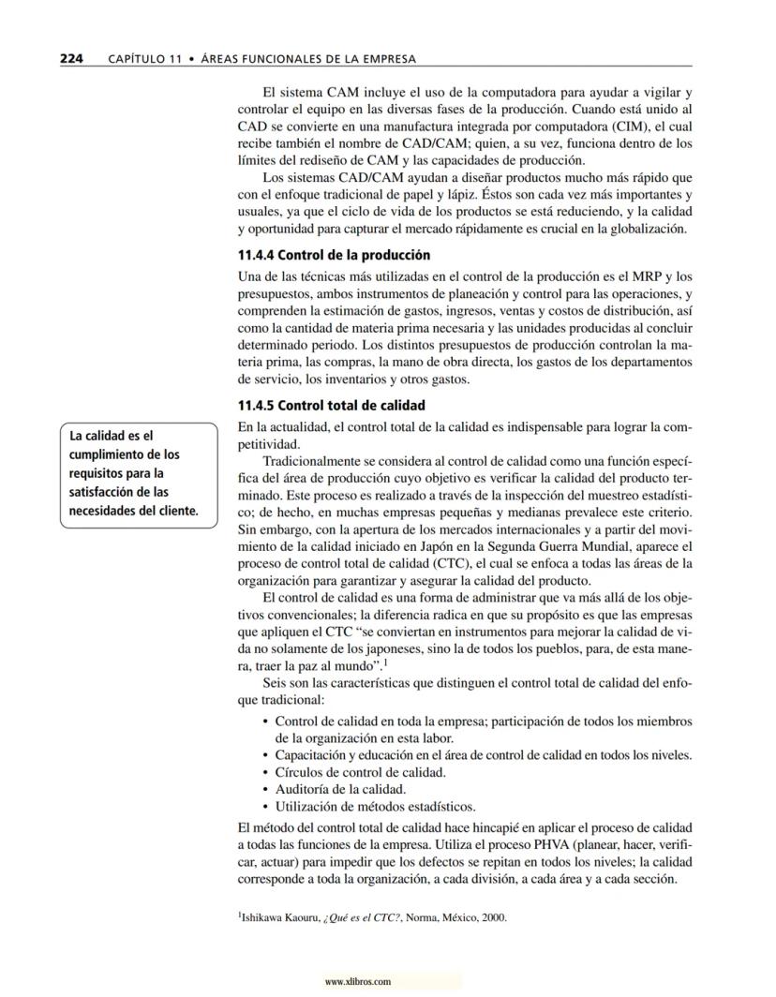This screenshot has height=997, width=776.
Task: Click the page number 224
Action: tap(71, 58)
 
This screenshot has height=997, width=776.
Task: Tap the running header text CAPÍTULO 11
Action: tap(142, 59)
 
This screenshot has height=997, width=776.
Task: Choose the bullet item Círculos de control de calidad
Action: tap(360, 772)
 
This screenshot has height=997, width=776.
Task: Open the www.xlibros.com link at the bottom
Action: tap(356, 982)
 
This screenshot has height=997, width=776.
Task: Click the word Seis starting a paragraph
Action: tap(276, 685)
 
